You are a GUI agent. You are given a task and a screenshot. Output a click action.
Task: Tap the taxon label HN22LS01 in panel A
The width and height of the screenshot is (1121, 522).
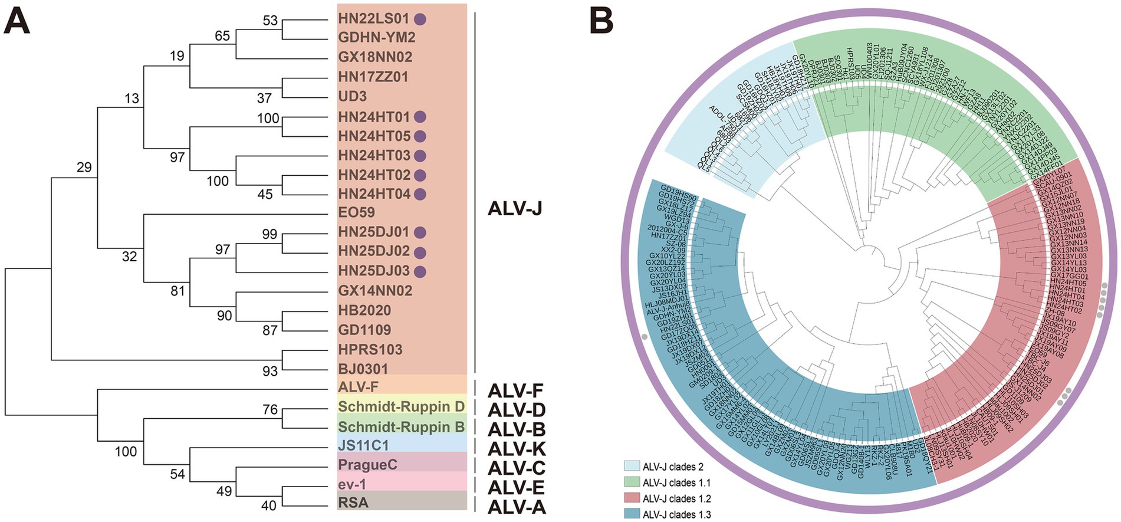[x=373, y=19]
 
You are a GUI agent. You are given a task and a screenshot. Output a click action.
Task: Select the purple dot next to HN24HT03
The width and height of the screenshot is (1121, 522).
[x=420, y=156]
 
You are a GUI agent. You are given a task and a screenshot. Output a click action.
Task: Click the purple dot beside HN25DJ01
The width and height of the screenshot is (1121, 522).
[x=420, y=232]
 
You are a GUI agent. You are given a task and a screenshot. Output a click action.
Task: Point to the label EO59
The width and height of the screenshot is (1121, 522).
[x=356, y=212]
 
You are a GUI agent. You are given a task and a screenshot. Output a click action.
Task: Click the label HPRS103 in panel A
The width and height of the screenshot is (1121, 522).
[x=370, y=349]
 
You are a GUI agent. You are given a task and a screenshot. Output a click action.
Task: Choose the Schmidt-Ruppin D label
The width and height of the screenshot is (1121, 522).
[x=401, y=406]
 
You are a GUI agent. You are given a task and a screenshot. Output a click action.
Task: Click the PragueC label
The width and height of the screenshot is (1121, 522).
[x=367, y=465]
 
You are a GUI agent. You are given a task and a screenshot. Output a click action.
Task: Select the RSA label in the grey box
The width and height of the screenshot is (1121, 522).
[x=353, y=503]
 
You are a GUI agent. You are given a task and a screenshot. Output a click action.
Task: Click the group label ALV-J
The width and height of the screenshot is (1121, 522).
[x=515, y=209]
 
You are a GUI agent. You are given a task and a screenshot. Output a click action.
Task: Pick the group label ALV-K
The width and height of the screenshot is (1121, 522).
[x=517, y=449]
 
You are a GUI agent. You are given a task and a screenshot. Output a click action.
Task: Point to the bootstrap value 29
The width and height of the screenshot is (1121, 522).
[x=84, y=168]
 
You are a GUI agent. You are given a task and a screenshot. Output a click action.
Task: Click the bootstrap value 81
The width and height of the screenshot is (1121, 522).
[x=177, y=291]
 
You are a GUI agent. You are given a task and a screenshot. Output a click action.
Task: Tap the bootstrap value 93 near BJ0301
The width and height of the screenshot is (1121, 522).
[x=270, y=371]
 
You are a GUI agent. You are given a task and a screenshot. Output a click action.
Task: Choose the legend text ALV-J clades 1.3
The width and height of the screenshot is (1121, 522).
[x=676, y=514]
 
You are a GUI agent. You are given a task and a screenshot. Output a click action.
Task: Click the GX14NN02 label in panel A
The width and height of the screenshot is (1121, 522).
[x=375, y=291]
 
